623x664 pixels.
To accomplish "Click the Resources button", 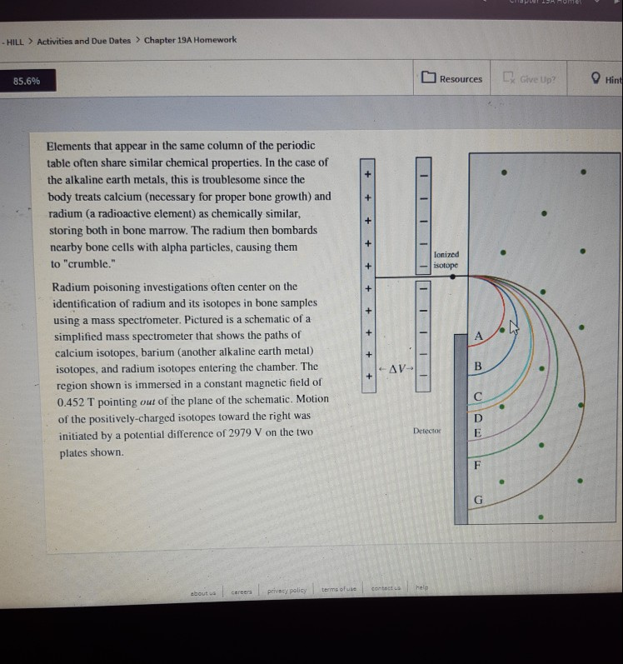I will [452, 79].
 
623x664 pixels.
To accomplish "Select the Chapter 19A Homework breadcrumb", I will [190, 40].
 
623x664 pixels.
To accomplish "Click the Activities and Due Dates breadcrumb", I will [83, 41].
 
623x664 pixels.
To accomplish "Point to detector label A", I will [478, 335].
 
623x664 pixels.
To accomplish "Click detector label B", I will [477, 367].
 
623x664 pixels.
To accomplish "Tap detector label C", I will [477, 397].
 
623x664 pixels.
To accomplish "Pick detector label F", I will [477, 465].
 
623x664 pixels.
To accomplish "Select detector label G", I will [477, 499].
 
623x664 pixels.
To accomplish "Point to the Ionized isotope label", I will [446, 260].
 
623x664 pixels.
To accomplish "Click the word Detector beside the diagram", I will [426, 432].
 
